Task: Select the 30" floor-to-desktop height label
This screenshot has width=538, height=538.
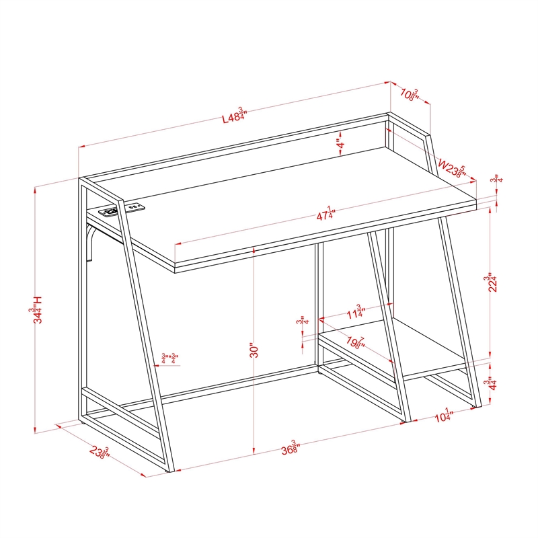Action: (x=253, y=352)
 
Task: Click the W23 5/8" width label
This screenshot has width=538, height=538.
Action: (x=452, y=168)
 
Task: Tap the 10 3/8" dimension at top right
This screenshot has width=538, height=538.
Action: (x=410, y=94)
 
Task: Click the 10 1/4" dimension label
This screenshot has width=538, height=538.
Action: (x=442, y=416)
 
